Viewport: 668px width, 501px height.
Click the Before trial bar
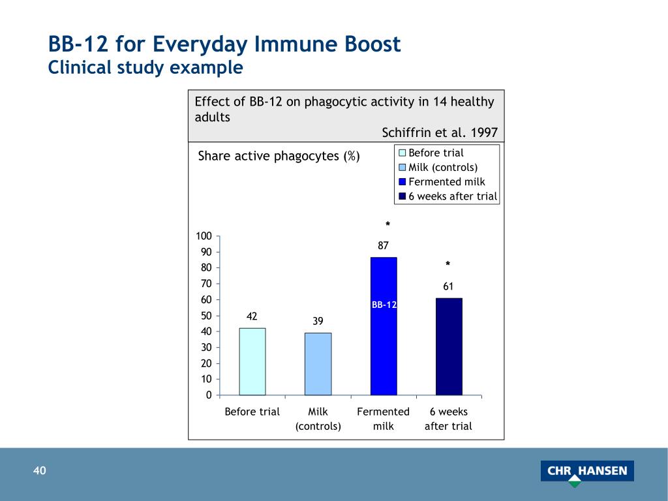point(252,361)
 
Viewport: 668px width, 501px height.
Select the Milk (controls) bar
point(318,363)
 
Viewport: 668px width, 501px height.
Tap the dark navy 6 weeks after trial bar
point(449,346)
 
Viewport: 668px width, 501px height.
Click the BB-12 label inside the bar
point(384,305)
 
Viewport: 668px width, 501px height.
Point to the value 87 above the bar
point(384,246)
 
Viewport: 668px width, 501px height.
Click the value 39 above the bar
point(318,321)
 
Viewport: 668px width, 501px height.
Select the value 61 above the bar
point(448,286)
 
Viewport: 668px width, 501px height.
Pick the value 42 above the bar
point(252,316)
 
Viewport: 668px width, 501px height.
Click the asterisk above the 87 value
point(387,225)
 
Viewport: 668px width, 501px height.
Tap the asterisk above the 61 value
point(448,264)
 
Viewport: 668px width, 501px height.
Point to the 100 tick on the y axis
point(205,235)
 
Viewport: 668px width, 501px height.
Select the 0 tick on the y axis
point(209,395)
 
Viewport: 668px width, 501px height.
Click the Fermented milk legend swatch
point(402,183)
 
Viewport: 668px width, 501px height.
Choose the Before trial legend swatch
point(402,153)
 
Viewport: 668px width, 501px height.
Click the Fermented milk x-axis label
point(384,419)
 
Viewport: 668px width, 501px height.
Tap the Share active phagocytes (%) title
point(279,156)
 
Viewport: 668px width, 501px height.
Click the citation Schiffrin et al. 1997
point(439,132)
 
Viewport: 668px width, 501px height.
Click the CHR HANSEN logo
point(587,472)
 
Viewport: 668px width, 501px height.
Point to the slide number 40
point(40,471)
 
